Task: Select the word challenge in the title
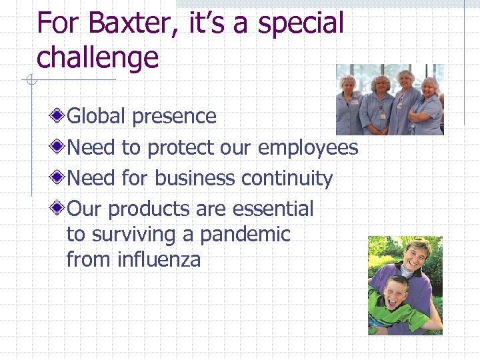tap(97, 57)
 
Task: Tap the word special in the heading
tap(301, 24)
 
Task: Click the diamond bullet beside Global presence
tap(59, 116)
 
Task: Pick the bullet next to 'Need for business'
tap(59, 178)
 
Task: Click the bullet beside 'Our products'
tap(59, 209)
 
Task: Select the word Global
tap(97, 116)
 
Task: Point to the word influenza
tap(159, 259)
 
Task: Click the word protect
tap(181, 147)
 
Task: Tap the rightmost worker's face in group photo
tap(430, 87)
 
